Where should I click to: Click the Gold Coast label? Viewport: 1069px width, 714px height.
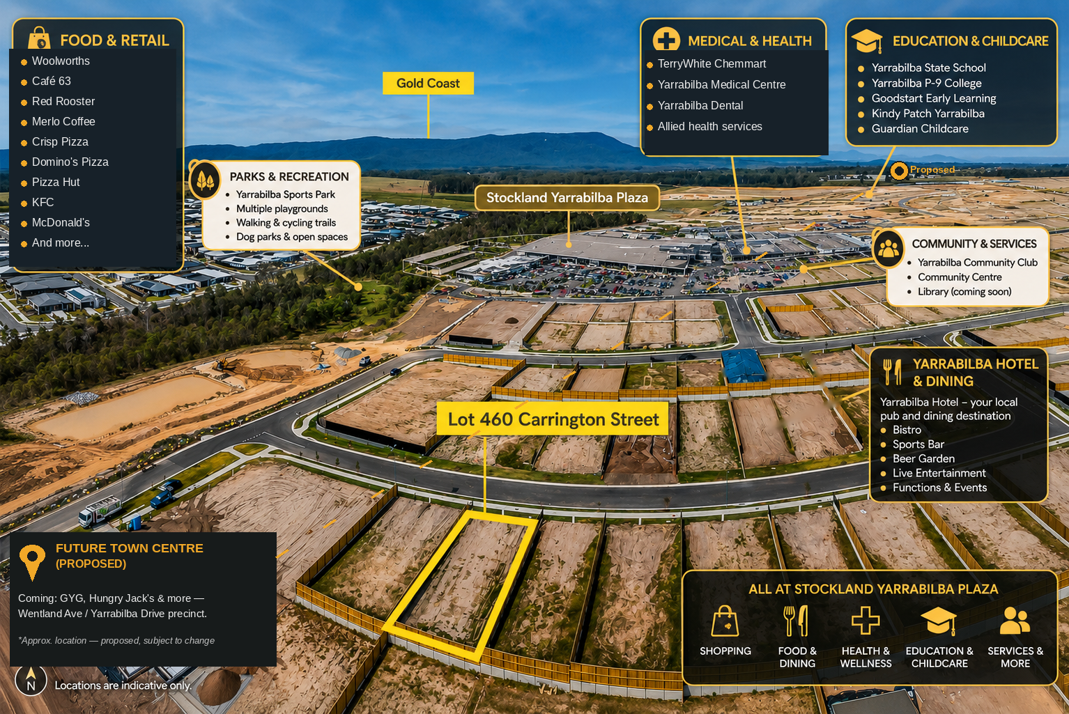coord(428,83)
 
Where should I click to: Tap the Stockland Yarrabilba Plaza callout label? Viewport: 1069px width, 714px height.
coord(567,197)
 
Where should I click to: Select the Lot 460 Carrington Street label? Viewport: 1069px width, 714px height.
coord(553,419)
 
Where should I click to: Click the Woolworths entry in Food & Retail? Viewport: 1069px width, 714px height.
coord(61,61)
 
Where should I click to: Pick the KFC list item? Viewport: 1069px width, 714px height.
coord(43,202)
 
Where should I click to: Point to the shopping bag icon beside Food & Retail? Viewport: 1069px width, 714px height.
coord(39,38)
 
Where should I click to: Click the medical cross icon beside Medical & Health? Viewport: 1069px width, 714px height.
coord(666,39)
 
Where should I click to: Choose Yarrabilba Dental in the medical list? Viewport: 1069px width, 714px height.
coord(700,105)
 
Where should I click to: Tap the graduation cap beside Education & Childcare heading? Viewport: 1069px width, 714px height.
coord(867,40)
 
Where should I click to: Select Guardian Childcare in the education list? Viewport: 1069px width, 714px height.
coord(920,129)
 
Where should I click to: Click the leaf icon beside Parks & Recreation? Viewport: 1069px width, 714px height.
coord(205,180)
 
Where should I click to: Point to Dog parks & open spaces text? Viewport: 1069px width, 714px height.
coord(291,237)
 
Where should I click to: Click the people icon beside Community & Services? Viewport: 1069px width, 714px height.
coord(888,248)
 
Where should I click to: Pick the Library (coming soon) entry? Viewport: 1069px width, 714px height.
coord(964,291)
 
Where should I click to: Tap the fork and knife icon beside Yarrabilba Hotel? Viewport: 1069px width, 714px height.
coord(891,372)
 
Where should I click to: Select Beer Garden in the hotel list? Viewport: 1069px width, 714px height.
coord(923,458)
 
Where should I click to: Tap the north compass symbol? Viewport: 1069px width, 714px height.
coord(31,680)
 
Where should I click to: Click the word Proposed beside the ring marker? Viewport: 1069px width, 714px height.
coord(932,170)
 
